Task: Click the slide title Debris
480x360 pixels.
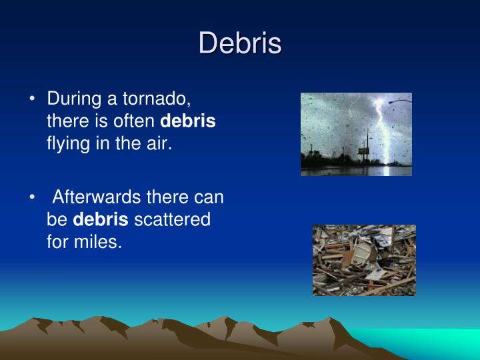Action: (x=240, y=43)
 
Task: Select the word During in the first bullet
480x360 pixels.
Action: (x=72, y=100)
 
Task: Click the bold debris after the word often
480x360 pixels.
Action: (x=187, y=122)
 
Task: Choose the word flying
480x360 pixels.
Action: (x=67, y=143)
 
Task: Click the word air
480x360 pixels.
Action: (x=159, y=143)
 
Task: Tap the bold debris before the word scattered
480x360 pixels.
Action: (x=100, y=219)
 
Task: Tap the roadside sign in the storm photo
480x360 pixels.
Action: (x=363, y=151)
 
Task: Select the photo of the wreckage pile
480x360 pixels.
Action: (x=364, y=260)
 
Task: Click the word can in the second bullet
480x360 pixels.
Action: (x=210, y=197)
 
